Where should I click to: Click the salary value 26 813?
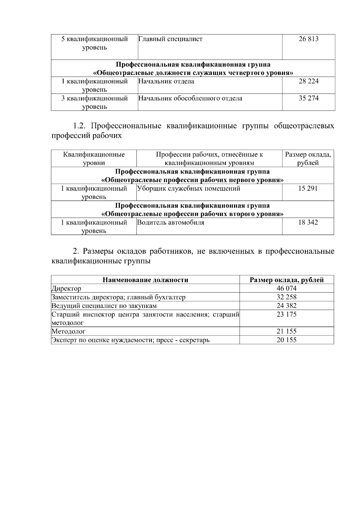pyautogui.click(x=308, y=39)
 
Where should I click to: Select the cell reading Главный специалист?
pyautogui.click(x=170, y=39)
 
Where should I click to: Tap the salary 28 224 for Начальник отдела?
pyautogui.click(x=308, y=81)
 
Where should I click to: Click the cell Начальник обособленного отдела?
pyautogui.click(x=190, y=98)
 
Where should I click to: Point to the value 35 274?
pyautogui.click(x=308, y=98)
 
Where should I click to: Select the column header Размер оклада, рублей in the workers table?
pyautogui.click(x=308, y=159)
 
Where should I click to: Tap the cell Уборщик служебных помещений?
pyautogui.click(x=189, y=189)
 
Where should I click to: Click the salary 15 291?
pyautogui.click(x=308, y=189)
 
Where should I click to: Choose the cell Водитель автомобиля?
pyautogui.click(x=171, y=222)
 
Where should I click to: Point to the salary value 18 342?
pyautogui.click(x=308, y=222)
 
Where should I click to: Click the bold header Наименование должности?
pyautogui.click(x=145, y=280)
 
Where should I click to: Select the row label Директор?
pyautogui.click(x=66, y=289)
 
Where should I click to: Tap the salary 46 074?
pyautogui.click(x=286, y=289)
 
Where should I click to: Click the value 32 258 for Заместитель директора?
pyautogui.click(x=286, y=297)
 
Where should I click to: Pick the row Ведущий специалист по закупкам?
pyautogui.click(x=104, y=306)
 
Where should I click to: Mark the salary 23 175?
pyautogui.click(x=286, y=314)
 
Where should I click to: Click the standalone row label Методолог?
pyautogui.click(x=69, y=331)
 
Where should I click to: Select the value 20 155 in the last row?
pyautogui.click(x=286, y=340)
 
